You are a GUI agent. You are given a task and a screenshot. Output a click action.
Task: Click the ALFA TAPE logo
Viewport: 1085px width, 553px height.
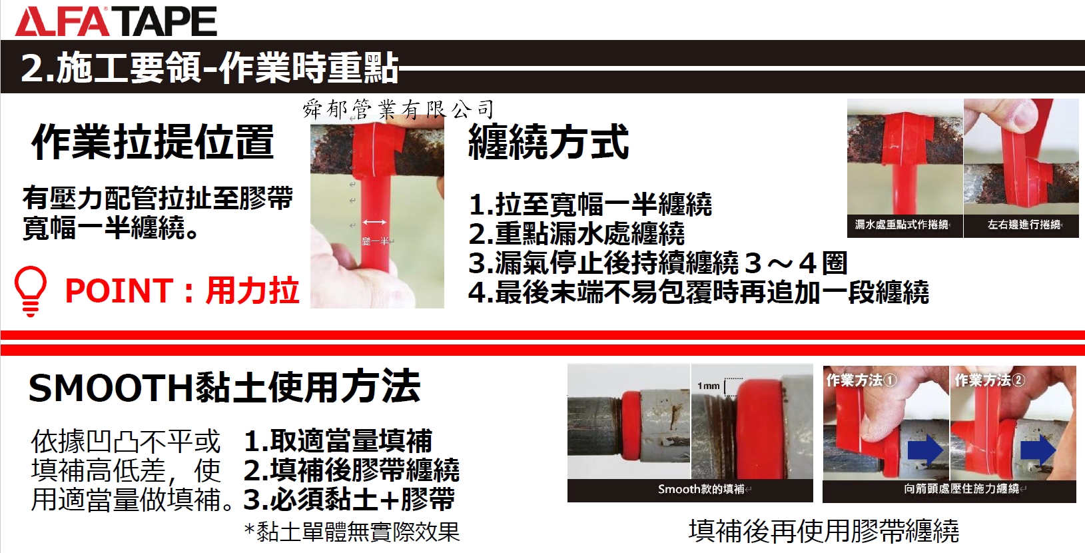(117, 21)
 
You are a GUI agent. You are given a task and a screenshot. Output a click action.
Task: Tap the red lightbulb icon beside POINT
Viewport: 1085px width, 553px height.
(31, 291)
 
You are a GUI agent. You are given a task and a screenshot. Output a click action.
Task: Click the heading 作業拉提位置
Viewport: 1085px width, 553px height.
(153, 143)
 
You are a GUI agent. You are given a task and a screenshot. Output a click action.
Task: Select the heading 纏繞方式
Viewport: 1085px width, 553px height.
(549, 142)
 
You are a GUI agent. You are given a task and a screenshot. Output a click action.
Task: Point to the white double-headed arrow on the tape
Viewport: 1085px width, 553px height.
(374, 222)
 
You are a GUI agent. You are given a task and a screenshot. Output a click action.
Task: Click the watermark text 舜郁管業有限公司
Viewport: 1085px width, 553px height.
(398, 109)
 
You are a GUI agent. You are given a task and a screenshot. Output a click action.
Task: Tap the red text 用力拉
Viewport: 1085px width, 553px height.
(252, 290)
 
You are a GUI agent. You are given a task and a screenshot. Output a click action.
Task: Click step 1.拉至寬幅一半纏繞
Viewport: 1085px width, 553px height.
(590, 204)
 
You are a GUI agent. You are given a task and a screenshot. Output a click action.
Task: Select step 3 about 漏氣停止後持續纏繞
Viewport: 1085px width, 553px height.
(658, 263)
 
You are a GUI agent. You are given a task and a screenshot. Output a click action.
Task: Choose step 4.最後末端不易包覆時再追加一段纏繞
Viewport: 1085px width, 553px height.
(699, 292)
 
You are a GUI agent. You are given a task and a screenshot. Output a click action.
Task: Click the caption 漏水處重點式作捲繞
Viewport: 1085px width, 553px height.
(901, 225)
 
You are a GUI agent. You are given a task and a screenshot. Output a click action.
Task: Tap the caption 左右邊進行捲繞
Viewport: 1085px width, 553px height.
(1024, 225)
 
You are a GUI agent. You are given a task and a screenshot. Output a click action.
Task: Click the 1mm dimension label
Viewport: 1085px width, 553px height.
(708, 386)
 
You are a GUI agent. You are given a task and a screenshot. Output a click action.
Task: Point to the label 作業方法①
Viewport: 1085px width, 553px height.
(861, 380)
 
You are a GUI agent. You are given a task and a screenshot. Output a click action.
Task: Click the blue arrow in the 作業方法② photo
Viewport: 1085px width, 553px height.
(1038, 450)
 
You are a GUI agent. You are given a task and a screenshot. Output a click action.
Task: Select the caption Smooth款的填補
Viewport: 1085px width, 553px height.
(702, 490)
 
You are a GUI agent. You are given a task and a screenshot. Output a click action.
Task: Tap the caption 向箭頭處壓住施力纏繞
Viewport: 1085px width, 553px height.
(962, 489)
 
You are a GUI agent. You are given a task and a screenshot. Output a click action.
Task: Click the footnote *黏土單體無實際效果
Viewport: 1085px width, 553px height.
(352, 532)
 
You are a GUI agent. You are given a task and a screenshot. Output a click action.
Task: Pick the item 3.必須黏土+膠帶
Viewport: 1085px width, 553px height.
(349, 499)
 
